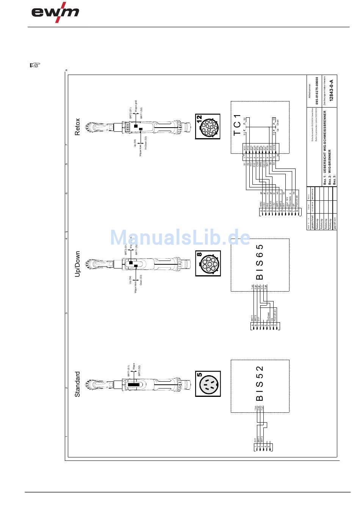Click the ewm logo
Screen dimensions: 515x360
(x=55, y=12)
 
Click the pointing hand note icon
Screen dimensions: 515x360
(x=34, y=65)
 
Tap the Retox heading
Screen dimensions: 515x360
(x=77, y=127)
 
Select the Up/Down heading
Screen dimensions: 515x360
(x=77, y=264)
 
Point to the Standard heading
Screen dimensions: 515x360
(x=77, y=384)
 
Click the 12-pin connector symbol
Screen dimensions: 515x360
(x=208, y=127)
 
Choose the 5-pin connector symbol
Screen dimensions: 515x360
(x=208, y=384)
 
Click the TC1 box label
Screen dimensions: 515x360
(x=237, y=125)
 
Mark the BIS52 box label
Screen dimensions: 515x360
(x=260, y=383)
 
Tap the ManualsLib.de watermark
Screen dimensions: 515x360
(x=180, y=237)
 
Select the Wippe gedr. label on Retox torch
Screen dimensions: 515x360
(x=136, y=106)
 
